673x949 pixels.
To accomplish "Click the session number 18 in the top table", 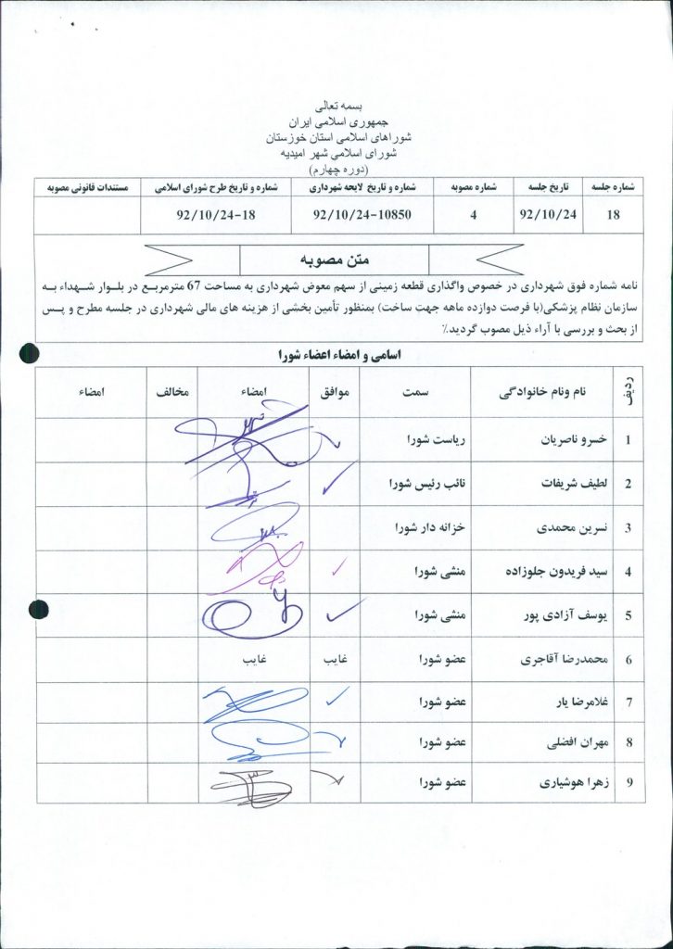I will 612,215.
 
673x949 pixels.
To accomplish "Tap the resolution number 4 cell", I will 473,215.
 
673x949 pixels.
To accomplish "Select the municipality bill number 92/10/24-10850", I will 362,215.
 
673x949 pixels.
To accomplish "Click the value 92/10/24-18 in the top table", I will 212,215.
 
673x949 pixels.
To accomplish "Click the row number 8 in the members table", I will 629,742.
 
